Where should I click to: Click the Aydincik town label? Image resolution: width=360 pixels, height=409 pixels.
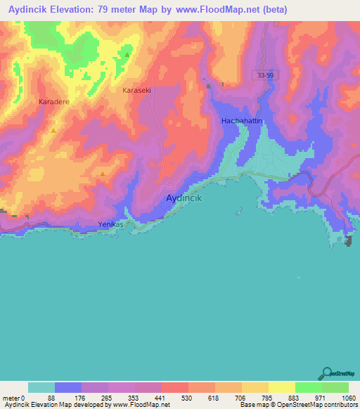tap(184, 199)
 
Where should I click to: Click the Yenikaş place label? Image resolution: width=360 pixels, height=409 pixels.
tap(110, 226)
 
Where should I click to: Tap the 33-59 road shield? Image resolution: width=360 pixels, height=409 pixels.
tap(262, 74)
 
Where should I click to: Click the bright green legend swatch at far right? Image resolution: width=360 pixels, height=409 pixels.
tap(335, 387)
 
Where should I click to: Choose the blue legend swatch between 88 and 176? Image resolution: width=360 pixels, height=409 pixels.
tap(68, 387)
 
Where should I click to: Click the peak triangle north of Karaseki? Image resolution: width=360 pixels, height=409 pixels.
tap(127, 54)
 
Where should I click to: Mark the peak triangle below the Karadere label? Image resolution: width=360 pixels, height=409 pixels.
tap(53, 130)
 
